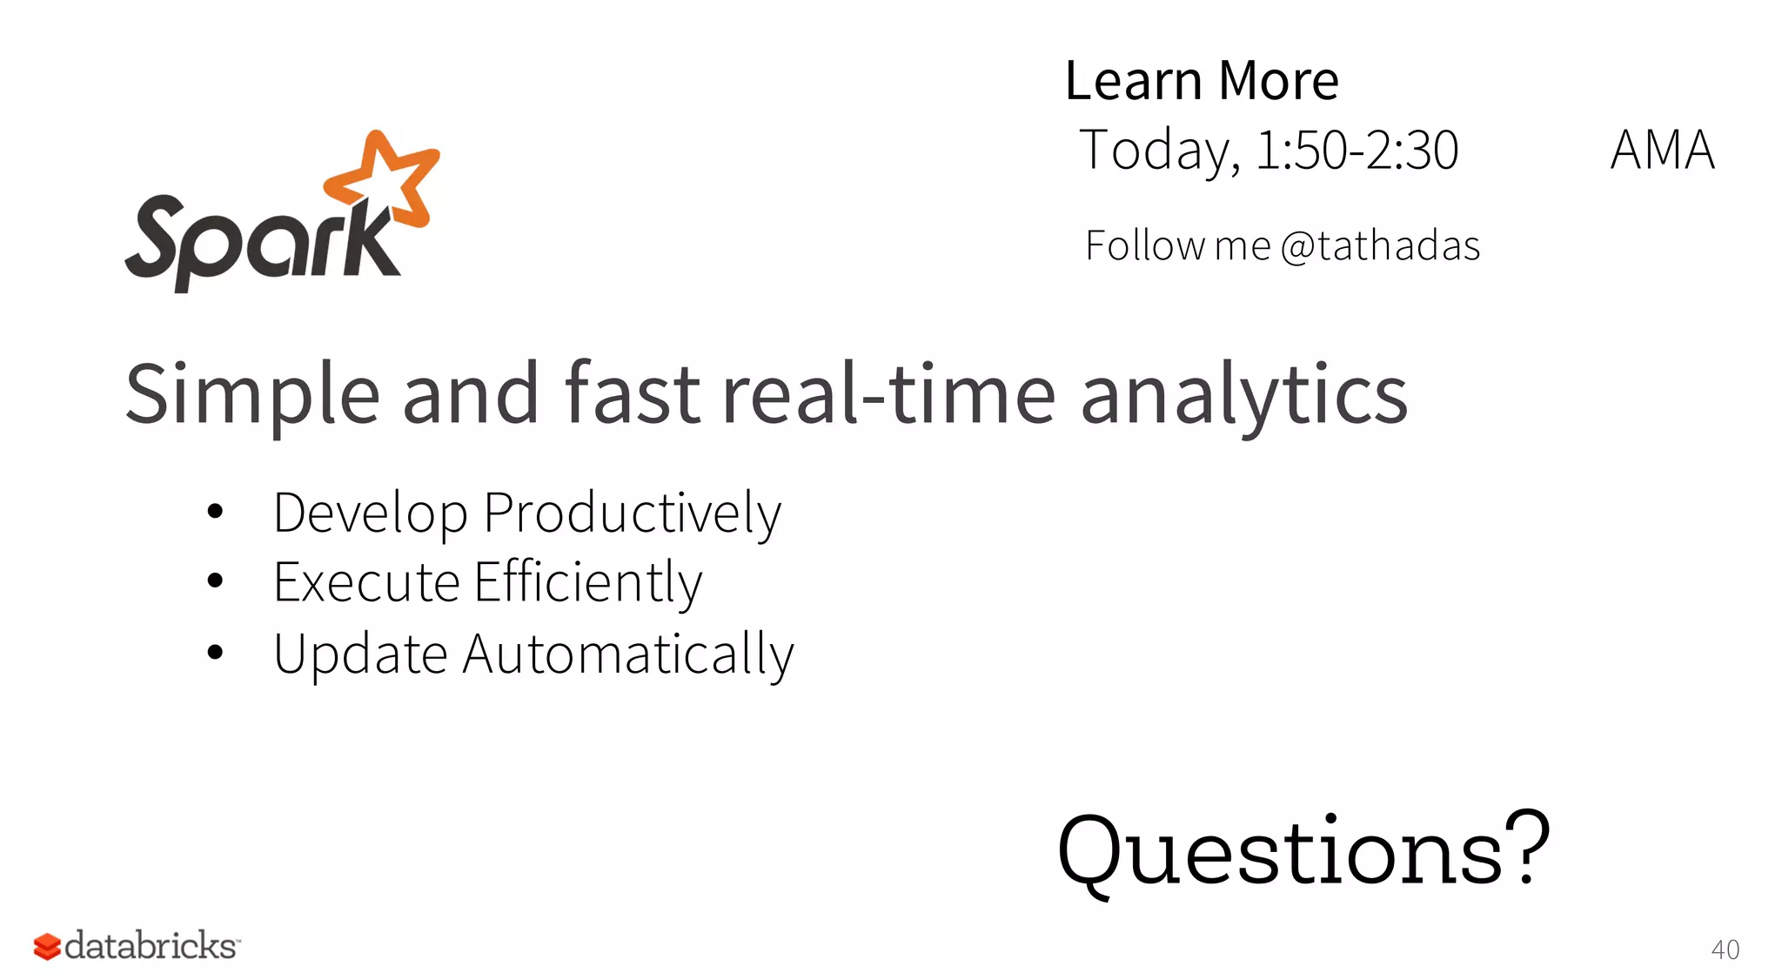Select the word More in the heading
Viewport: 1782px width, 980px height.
click(1278, 81)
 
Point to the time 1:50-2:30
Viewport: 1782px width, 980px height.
click(1357, 150)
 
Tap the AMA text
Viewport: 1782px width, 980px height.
click(1662, 150)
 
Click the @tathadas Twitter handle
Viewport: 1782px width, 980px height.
click(1381, 245)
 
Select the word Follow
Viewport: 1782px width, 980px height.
click(1145, 245)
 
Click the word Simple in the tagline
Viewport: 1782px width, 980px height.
click(252, 395)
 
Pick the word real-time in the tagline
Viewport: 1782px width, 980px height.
click(888, 395)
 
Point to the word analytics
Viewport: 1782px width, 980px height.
click(1244, 395)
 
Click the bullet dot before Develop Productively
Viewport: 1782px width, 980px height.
click(216, 512)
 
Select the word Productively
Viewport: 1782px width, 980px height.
click(633, 513)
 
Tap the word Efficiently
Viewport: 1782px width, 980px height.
click(588, 582)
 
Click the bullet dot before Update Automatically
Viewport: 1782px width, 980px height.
click(216, 652)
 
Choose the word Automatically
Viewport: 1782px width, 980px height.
click(628, 654)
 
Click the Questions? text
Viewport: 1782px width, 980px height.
click(1303, 850)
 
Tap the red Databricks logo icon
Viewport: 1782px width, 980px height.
click(47, 946)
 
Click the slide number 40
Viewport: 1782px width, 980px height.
click(1725, 950)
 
